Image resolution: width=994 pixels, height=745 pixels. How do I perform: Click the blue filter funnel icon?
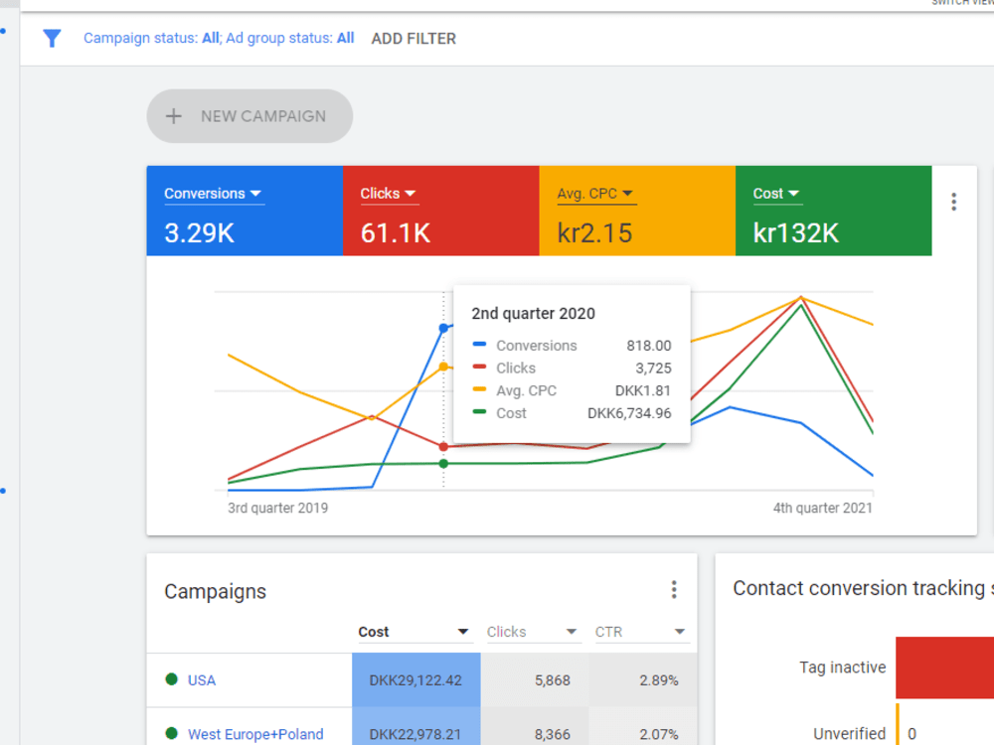click(x=52, y=39)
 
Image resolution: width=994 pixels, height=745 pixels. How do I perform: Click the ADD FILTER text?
click(x=414, y=39)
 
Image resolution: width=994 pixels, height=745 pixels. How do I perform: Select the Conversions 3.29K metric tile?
click(x=245, y=212)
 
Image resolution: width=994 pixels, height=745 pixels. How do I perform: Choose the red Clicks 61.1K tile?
click(x=440, y=212)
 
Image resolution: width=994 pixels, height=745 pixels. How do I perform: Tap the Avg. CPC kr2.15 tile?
click(x=637, y=212)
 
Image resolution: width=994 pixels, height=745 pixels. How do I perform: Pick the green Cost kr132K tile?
click(x=833, y=212)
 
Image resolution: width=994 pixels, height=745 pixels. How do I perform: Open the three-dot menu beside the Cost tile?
click(x=953, y=203)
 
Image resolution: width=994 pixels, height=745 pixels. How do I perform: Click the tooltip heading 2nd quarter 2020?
click(x=533, y=314)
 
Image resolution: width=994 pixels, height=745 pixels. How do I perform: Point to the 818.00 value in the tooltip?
click(x=648, y=346)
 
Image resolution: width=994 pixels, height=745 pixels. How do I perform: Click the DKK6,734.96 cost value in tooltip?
click(x=629, y=413)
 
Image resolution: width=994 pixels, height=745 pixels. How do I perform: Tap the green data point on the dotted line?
click(x=443, y=463)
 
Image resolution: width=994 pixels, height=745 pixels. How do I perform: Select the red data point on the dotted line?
click(x=443, y=447)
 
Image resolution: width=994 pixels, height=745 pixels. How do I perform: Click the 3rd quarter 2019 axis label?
click(x=278, y=508)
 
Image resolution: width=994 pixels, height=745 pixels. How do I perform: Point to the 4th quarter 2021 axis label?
click(x=822, y=508)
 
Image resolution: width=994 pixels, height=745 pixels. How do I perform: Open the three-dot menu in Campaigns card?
click(x=673, y=590)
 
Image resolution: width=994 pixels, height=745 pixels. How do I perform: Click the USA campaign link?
click(x=202, y=680)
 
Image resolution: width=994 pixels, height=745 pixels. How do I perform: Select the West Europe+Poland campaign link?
click(x=255, y=735)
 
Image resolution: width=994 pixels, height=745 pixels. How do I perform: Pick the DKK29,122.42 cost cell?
click(x=415, y=680)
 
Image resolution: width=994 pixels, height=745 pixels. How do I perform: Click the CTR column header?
click(x=609, y=632)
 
